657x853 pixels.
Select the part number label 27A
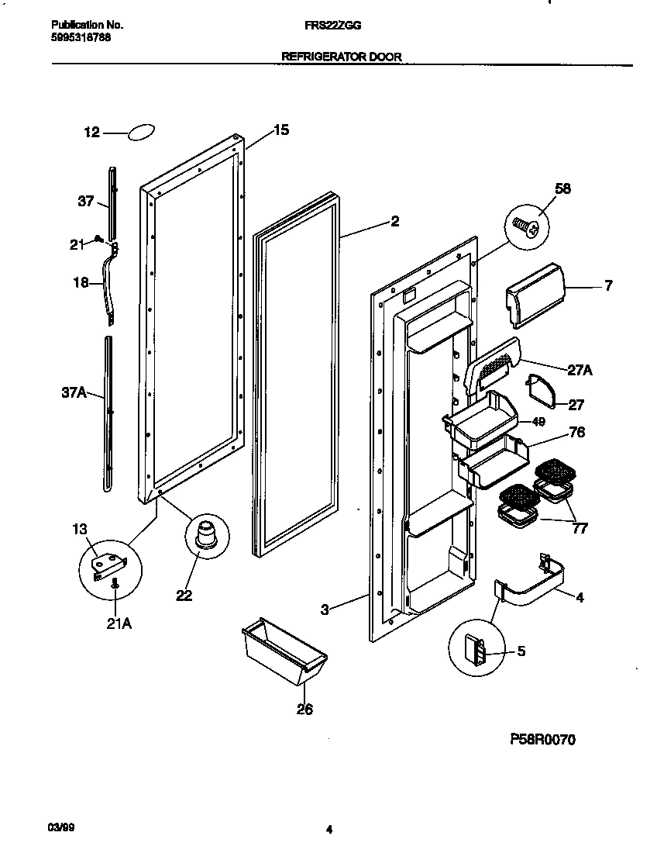click(579, 371)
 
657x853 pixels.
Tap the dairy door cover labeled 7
click(535, 295)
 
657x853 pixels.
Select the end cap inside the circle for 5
click(476, 649)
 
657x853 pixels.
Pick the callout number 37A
click(74, 393)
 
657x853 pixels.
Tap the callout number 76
click(576, 433)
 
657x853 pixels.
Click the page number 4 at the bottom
click(328, 830)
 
